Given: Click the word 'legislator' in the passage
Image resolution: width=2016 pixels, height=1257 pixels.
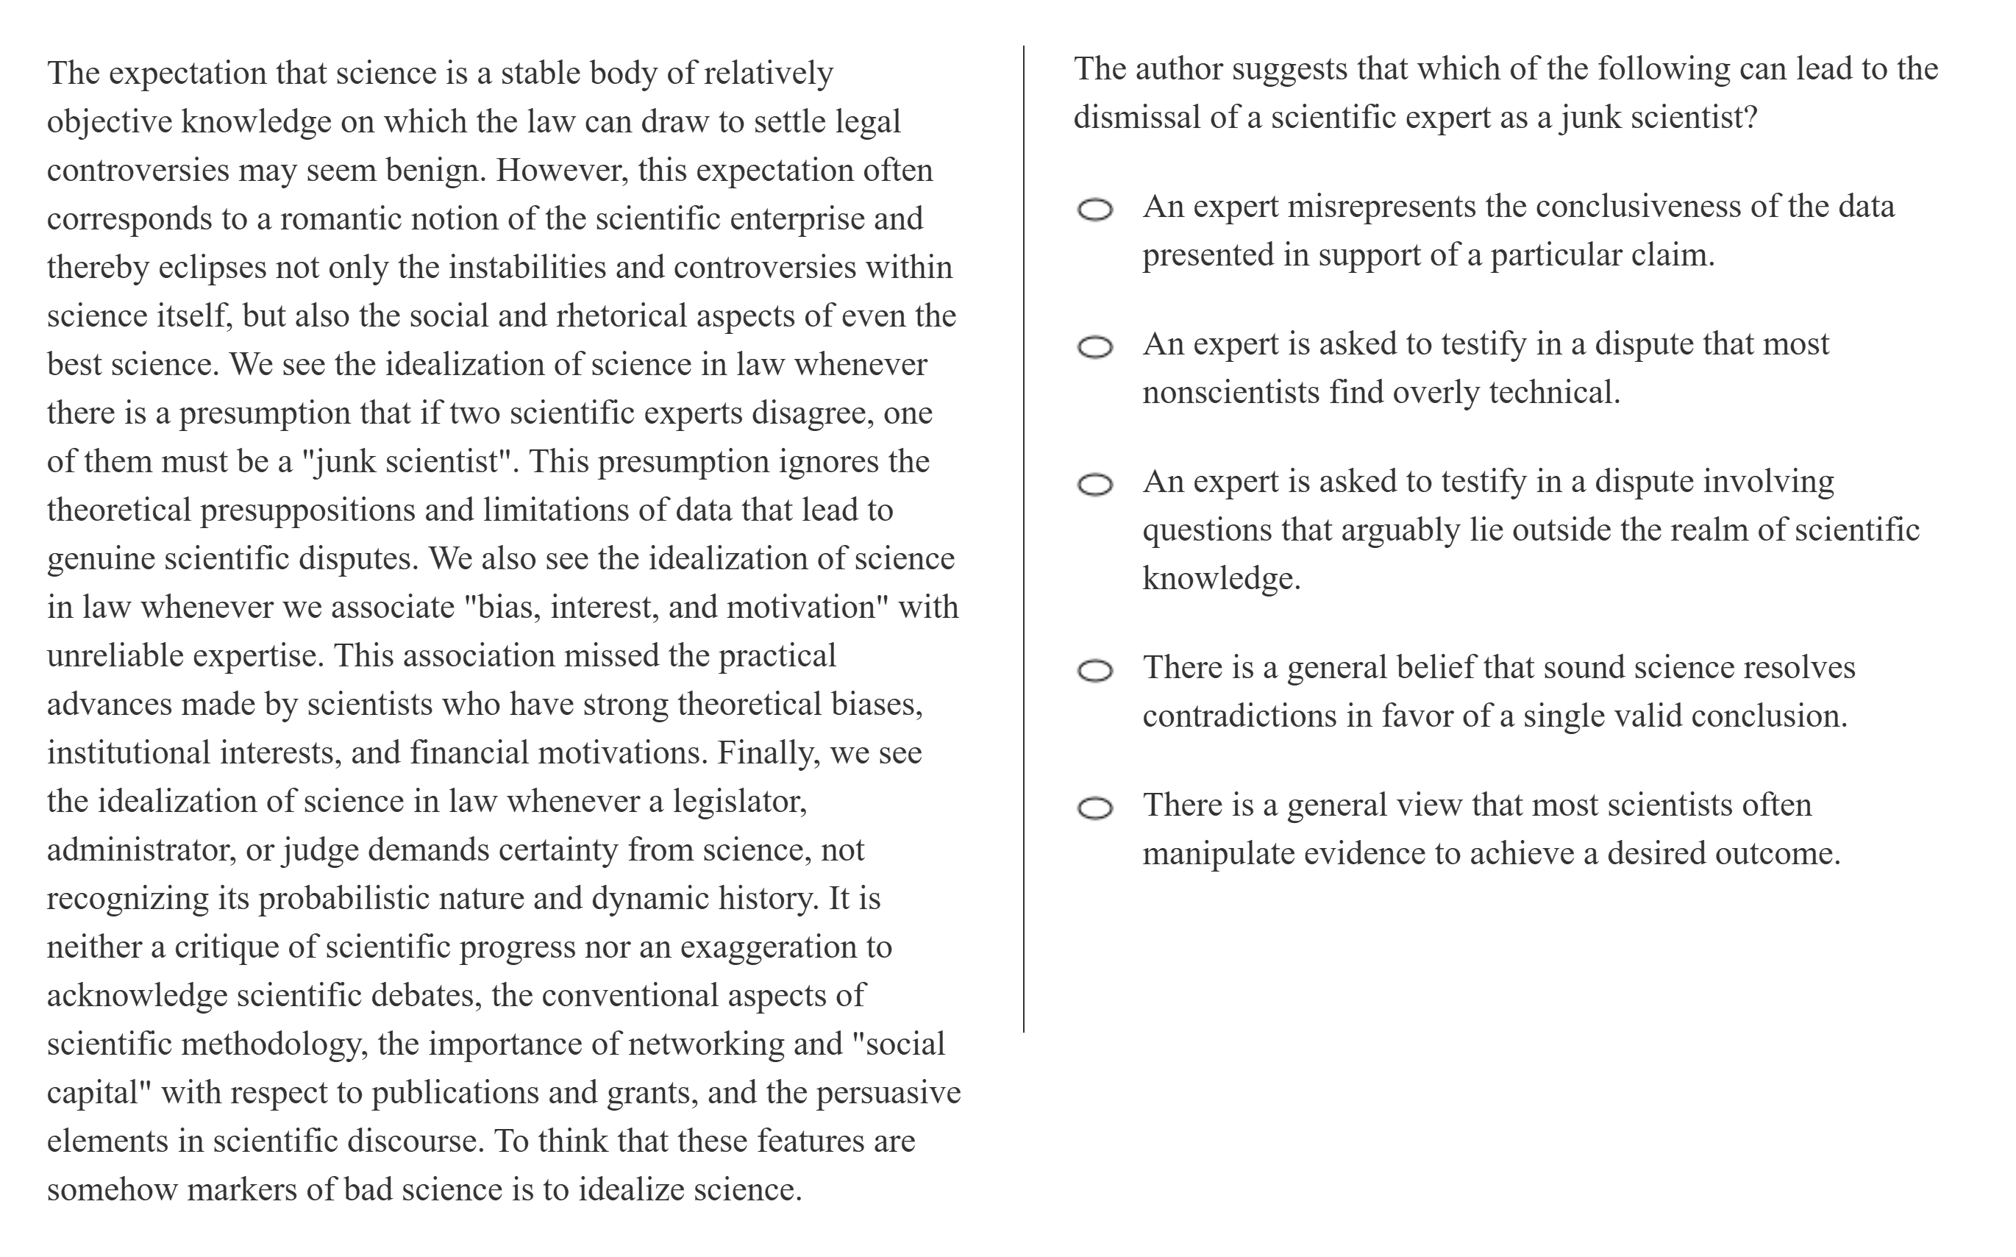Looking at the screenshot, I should point(739,802).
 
